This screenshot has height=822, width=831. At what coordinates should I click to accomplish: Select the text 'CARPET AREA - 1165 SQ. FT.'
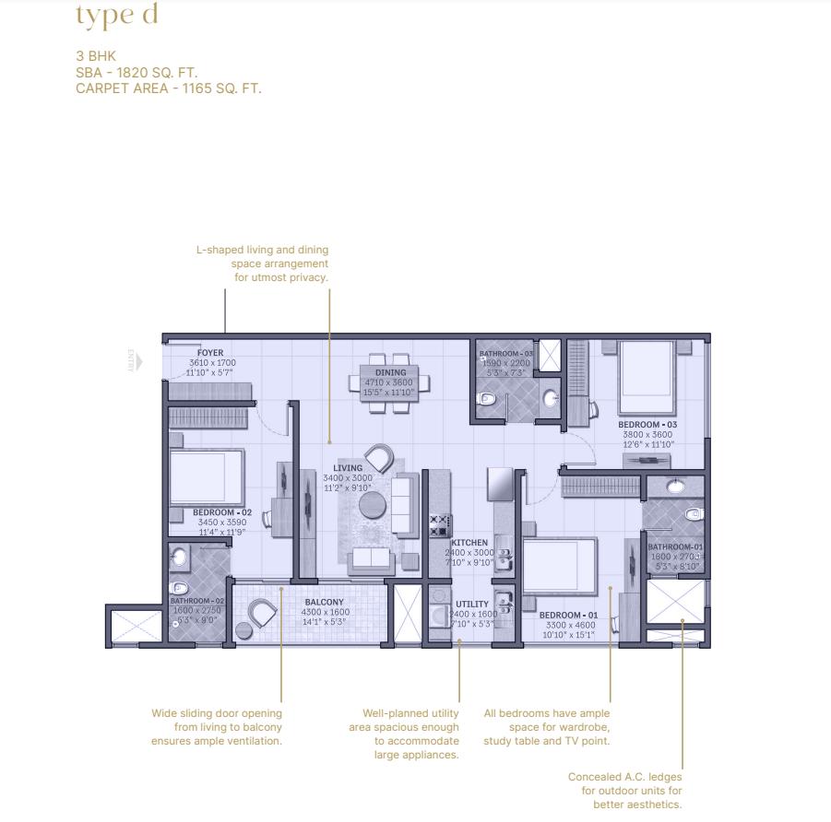[169, 89]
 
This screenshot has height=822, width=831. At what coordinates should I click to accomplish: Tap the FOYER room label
[210, 352]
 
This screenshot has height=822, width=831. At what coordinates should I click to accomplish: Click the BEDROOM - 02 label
[222, 511]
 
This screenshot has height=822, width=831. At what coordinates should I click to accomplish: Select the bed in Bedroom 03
[647, 375]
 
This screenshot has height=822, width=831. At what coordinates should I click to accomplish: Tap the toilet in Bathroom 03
[488, 399]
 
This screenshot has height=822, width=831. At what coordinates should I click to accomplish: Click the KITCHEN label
[469, 544]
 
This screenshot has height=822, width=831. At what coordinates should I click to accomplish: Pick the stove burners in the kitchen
[439, 526]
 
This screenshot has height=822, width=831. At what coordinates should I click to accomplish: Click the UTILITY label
[472, 604]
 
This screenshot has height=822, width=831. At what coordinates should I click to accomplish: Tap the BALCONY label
[324, 603]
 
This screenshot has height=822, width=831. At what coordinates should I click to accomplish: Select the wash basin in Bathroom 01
[675, 486]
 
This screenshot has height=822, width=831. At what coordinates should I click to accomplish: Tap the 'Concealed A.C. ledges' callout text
[624, 777]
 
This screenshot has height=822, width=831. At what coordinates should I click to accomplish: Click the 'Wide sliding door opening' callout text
[217, 713]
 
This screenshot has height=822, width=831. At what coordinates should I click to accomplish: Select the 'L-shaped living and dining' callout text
[262, 250]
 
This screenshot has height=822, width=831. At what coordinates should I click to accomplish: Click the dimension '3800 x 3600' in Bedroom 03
[647, 434]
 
